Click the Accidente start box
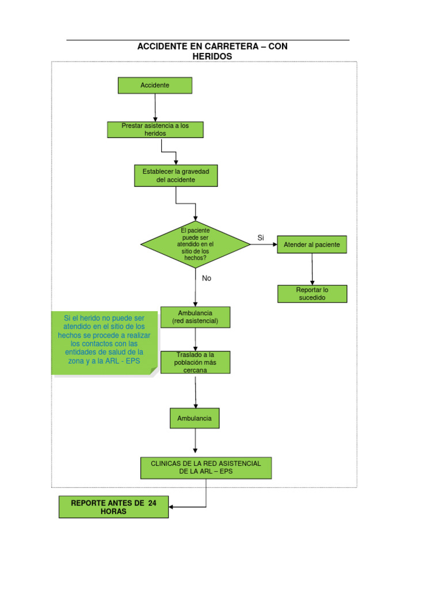(155, 85)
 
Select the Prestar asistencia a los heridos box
(155, 129)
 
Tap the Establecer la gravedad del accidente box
(176, 175)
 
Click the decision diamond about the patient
(195, 244)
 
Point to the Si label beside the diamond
(260, 238)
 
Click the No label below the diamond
(207, 278)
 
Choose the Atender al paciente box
(312, 244)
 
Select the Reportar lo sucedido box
(312, 293)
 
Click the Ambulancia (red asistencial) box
(195, 316)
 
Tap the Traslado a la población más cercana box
(195, 362)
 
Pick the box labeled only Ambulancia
(195, 418)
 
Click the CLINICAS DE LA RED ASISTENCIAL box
(205, 468)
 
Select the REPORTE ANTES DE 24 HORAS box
(113, 507)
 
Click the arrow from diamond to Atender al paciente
(264, 244)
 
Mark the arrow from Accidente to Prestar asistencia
(155, 108)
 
